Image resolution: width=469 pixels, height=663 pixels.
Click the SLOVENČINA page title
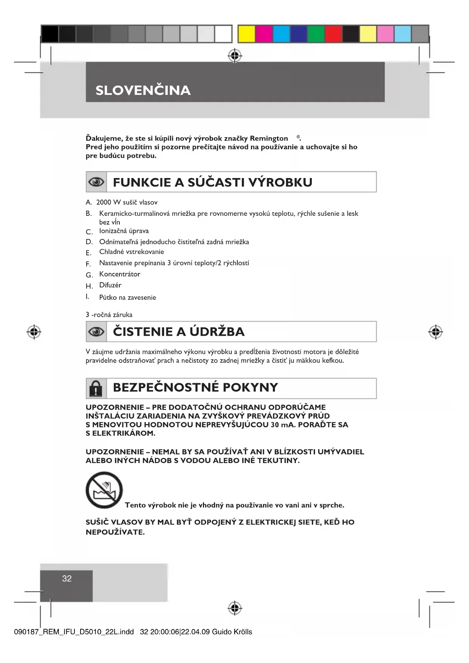click(x=143, y=90)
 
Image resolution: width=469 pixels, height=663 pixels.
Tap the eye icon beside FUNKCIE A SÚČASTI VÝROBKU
click(x=96, y=182)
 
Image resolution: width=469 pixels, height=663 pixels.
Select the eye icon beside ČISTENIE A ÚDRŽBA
click(x=96, y=332)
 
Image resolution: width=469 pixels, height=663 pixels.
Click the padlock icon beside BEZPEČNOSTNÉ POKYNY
click(x=96, y=388)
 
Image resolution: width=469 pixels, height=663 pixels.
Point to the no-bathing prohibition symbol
click(x=104, y=490)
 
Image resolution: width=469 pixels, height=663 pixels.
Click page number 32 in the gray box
click(x=67, y=579)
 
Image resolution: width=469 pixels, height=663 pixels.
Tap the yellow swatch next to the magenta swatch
click(x=246, y=34)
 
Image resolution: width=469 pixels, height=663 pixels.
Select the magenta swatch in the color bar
click(x=264, y=34)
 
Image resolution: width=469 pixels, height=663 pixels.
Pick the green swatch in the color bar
click(x=316, y=34)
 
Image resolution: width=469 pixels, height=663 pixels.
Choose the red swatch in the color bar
click(x=333, y=34)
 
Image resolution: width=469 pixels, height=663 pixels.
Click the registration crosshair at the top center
click(x=235, y=56)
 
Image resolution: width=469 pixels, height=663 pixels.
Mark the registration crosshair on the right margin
click(x=435, y=332)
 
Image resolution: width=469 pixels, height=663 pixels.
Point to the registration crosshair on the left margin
click(x=34, y=332)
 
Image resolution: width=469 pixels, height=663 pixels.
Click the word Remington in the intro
click(x=269, y=138)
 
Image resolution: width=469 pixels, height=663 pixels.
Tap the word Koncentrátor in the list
click(x=119, y=274)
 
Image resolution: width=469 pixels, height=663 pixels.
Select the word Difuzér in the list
click(x=110, y=285)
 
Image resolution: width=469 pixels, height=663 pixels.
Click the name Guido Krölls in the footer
click(x=232, y=632)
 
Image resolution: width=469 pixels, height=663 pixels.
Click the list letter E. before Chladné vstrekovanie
click(x=88, y=253)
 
